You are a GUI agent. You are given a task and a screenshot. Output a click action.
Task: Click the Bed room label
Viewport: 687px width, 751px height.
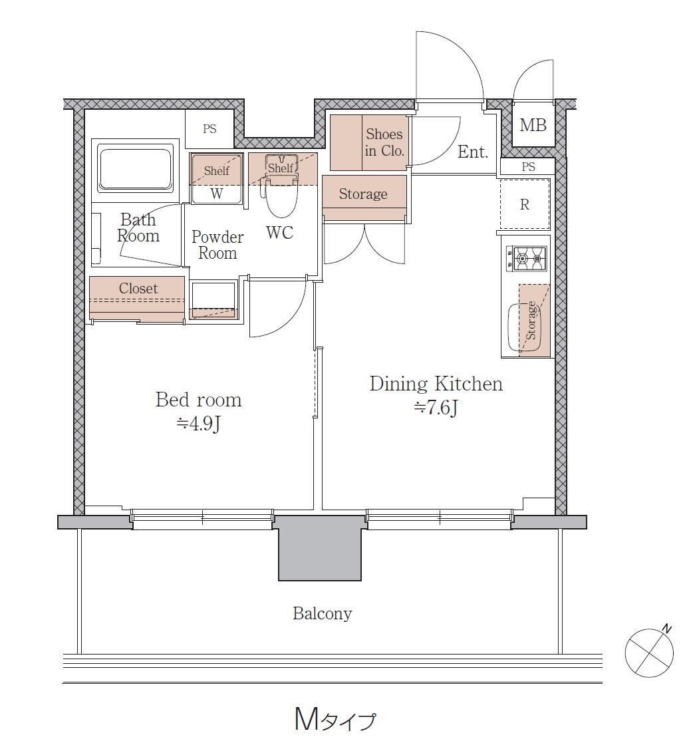tap(198, 400)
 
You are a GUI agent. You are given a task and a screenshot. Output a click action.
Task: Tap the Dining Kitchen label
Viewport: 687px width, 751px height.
tap(436, 384)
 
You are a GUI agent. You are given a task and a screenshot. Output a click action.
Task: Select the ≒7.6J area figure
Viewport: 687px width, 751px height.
tap(436, 408)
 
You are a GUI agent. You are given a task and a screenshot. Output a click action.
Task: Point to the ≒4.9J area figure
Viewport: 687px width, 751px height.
tap(199, 424)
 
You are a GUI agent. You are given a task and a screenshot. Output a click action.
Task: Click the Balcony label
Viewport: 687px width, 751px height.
tap(322, 613)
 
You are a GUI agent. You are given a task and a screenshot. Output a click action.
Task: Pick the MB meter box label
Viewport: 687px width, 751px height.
tap(533, 126)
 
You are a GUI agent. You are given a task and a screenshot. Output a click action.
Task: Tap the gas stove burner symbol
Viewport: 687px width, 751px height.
tap(526, 259)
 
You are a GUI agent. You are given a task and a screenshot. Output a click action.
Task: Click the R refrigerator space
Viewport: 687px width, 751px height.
tap(525, 204)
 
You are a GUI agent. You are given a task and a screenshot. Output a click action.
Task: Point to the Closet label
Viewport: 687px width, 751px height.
tap(138, 288)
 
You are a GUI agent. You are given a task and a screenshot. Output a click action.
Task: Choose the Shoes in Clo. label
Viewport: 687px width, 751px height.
tap(384, 142)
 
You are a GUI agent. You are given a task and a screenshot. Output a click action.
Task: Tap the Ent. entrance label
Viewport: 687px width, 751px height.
tap(473, 152)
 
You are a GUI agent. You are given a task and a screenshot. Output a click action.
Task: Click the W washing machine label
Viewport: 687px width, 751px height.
tap(216, 194)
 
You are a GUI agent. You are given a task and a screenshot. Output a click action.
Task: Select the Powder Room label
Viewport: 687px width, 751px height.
tap(218, 245)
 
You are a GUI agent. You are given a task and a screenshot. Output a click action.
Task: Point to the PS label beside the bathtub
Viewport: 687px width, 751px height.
tap(209, 129)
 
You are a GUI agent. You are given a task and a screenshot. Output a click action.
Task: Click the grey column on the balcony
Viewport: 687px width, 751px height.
tap(320, 548)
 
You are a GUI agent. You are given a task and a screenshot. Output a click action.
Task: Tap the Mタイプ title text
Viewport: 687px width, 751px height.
tap(335, 720)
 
